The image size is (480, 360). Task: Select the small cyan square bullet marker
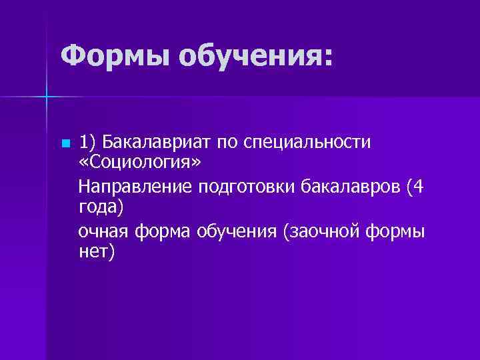coord(64,144)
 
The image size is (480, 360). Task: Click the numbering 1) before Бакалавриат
coord(88,143)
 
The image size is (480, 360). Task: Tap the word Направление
coord(135,187)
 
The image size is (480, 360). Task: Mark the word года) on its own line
coord(101,207)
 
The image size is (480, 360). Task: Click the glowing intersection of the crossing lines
coord(47,97)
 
